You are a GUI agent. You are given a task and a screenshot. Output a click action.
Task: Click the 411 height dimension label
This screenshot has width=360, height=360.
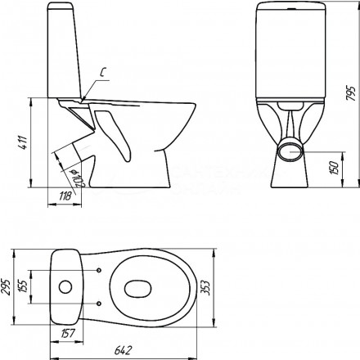[x=25, y=142]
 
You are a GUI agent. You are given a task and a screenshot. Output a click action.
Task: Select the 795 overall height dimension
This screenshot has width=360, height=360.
[x=351, y=94]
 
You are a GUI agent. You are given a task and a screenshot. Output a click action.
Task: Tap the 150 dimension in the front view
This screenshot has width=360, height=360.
[x=335, y=168]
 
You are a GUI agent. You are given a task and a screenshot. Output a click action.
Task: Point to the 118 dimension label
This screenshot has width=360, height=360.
[x=65, y=196]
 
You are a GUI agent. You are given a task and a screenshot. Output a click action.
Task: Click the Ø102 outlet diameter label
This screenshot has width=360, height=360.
[x=78, y=178]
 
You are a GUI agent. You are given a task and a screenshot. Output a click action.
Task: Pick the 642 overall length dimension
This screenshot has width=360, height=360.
[x=123, y=350]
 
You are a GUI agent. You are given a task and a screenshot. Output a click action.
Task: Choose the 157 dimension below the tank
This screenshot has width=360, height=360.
[x=67, y=333]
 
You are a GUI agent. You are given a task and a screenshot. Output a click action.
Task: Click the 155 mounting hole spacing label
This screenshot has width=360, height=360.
[x=25, y=286]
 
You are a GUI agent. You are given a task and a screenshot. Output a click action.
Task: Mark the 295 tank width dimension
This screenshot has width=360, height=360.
[x=6, y=287]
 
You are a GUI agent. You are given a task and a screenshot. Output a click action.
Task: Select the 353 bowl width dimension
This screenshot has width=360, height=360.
[x=207, y=288]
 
